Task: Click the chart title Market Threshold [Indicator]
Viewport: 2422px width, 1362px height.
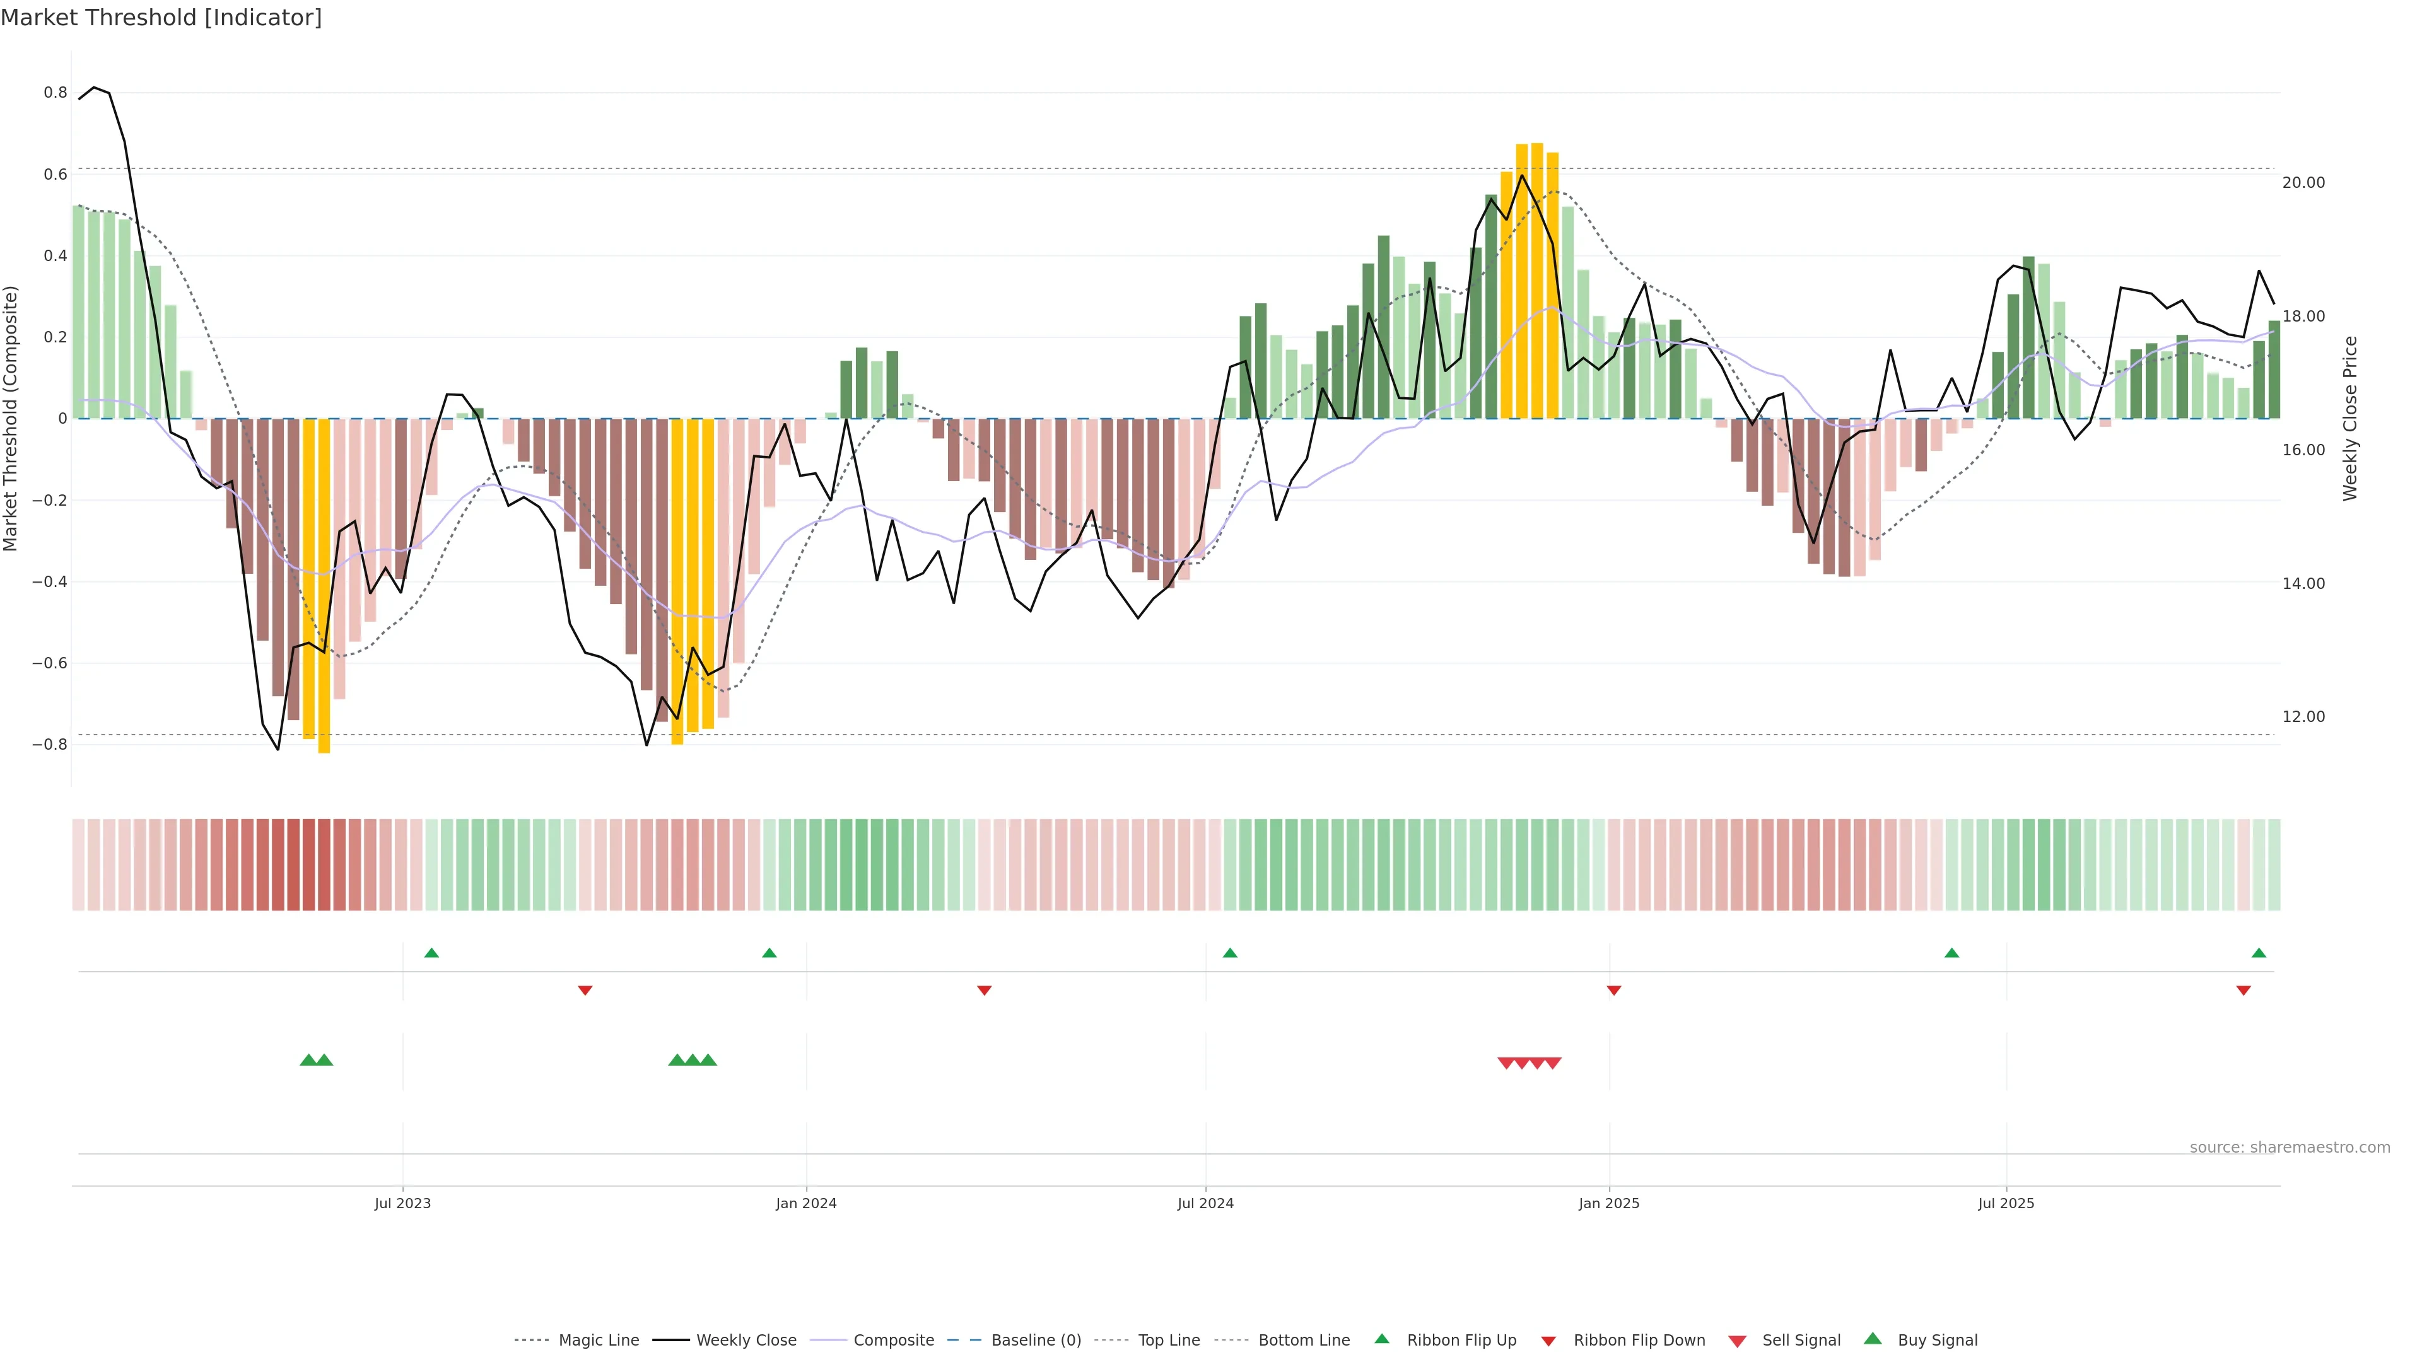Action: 161,18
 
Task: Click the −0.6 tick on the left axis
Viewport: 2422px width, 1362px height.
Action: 49,663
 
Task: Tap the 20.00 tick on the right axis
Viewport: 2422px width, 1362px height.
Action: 2303,182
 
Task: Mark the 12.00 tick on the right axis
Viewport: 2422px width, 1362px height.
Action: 2303,717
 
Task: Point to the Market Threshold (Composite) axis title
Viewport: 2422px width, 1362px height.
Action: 11,418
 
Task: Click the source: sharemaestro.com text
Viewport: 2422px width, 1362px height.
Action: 2290,1148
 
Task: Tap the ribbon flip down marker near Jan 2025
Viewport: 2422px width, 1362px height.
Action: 1613,991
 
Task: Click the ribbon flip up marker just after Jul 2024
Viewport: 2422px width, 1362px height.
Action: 1230,953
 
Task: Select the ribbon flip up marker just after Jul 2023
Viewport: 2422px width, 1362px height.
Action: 431,953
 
